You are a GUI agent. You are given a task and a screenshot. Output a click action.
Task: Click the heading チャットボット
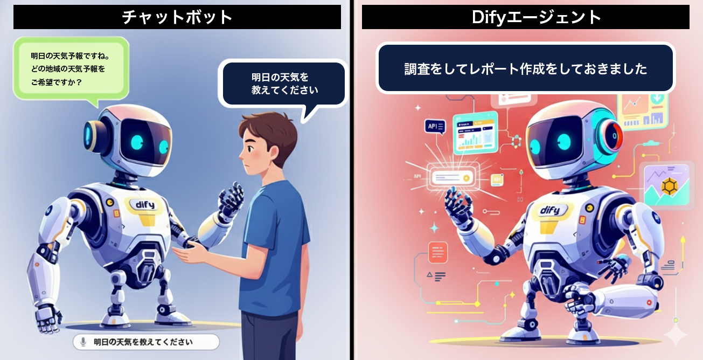(x=177, y=17)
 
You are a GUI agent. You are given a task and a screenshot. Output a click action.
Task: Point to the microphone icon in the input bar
(x=83, y=342)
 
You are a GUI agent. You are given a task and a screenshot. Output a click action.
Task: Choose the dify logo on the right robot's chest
(x=549, y=210)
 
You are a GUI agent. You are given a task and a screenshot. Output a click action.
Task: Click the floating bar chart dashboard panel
(x=475, y=133)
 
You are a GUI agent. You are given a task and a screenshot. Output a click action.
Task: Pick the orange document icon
(x=437, y=252)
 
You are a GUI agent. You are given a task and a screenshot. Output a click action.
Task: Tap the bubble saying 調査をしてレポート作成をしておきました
(x=525, y=69)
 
